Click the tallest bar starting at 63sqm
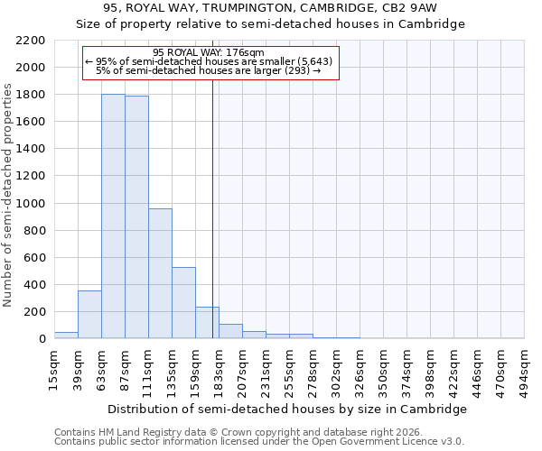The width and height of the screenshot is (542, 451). tap(113, 216)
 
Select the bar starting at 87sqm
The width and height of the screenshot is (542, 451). tap(136, 217)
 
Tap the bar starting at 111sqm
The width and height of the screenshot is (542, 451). tap(160, 273)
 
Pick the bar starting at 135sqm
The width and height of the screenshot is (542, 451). tap(183, 303)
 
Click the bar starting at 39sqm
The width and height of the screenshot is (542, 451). tap(89, 315)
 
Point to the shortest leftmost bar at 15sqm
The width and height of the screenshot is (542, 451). tap(66, 335)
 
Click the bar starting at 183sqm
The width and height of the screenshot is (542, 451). tap(230, 331)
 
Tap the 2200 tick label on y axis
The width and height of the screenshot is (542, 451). tap(31, 41)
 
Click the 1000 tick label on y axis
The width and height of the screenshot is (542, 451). tap(31, 204)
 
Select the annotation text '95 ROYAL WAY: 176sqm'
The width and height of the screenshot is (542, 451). tap(209, 52)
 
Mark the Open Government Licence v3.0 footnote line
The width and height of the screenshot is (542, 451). tap(259, 442)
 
